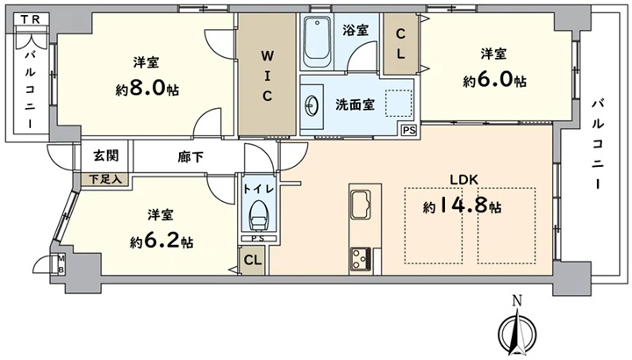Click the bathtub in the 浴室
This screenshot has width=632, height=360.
318,41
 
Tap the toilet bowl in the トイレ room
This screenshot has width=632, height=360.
258,215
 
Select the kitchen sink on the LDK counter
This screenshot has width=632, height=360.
361,204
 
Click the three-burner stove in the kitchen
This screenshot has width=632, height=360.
361,258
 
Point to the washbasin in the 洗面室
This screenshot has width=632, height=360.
312,106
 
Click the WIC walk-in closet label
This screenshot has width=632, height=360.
267,76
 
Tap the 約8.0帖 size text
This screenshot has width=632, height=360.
147,89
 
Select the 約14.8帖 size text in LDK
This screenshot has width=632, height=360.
463,206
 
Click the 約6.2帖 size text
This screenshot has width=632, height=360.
162,241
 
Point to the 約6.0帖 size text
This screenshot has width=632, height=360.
494,80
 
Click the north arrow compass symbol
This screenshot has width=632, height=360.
517,328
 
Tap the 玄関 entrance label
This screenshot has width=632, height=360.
106,155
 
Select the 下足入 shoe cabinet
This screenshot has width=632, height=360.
105,179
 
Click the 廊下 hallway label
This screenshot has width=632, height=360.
190,157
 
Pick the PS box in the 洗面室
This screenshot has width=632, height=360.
409,130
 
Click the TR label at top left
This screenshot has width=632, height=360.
31,19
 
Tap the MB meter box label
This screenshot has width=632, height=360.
61,264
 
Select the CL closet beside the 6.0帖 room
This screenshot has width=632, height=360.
400,44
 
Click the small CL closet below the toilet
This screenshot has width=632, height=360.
253,260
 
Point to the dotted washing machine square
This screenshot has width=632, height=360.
399,104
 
